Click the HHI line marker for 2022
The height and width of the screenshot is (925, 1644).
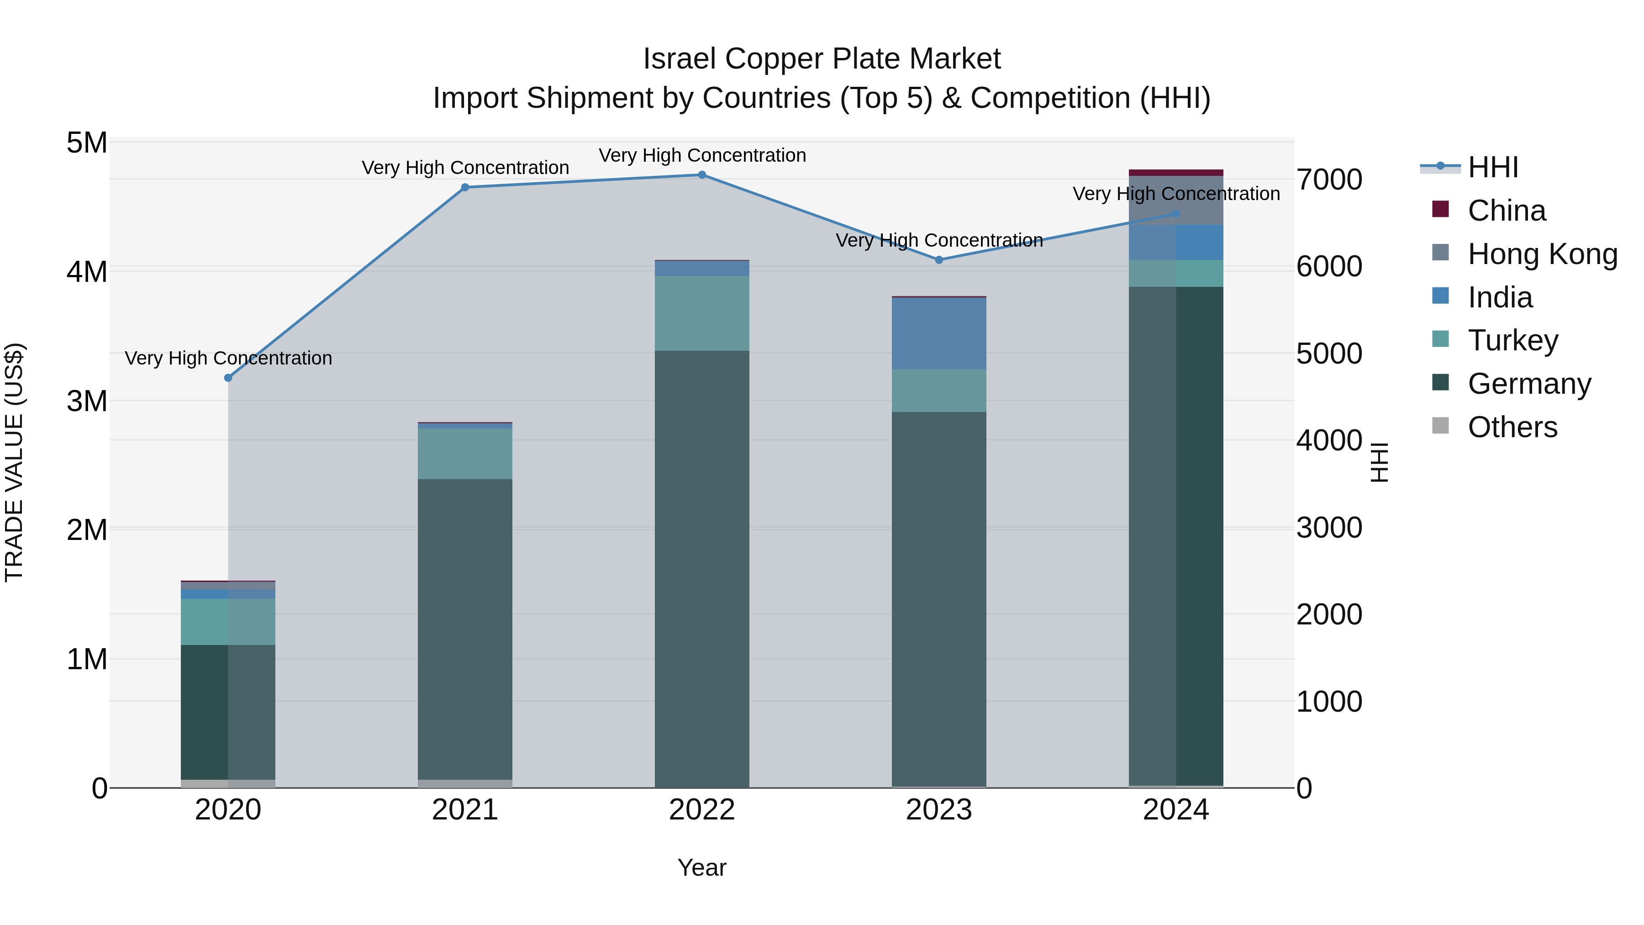pos(701,175)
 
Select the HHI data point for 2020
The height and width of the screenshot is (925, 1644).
pos(228,378)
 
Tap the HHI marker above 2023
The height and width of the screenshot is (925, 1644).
pos(939,260)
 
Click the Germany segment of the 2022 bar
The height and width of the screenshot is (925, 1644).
pos(701,568)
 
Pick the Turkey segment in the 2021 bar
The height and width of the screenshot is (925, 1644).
pos(464,453)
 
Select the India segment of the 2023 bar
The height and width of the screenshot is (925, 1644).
pos(939,333)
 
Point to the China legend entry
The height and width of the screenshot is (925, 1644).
pos(1506,211)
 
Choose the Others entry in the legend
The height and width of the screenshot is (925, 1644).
pos(1512,427)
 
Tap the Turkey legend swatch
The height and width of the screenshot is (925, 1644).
pos(1440,339)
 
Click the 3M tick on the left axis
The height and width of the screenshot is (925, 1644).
pos(87,402)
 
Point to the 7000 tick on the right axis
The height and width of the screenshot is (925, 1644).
pos(1329,180)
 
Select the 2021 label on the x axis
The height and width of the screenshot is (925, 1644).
pos(464,810)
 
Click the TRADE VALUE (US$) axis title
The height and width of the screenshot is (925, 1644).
pos(14,462)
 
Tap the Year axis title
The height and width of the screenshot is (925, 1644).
pos(701,867)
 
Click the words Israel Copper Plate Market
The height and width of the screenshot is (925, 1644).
pos(822,59)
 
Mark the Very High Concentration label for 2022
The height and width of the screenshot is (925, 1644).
pos(702,155)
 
